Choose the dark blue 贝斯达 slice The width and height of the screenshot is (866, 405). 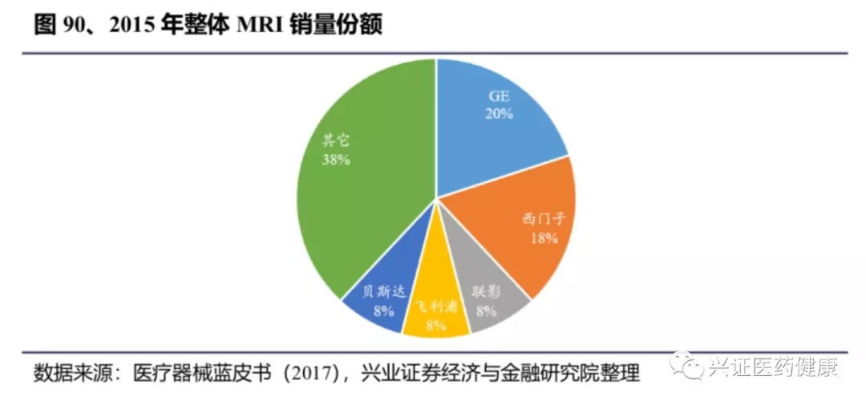pyautogui.click(x=377, y=301)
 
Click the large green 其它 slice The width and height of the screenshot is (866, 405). pyautogui.click(x=353, y=184)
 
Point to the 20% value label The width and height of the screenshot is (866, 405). pyautogui.click(x=499, y=114)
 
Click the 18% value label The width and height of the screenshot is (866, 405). pyautogui.click(x=544, y=237)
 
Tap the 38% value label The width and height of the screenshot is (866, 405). pyautogui.click(x=335, y=160)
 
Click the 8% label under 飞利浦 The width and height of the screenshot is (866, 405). pyautogui.click(x=435, y=325)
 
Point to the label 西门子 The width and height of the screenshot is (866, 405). pyautogui.click(x=544, y=218)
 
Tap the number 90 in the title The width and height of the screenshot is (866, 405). pyautogui.click(x=76, y=25)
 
